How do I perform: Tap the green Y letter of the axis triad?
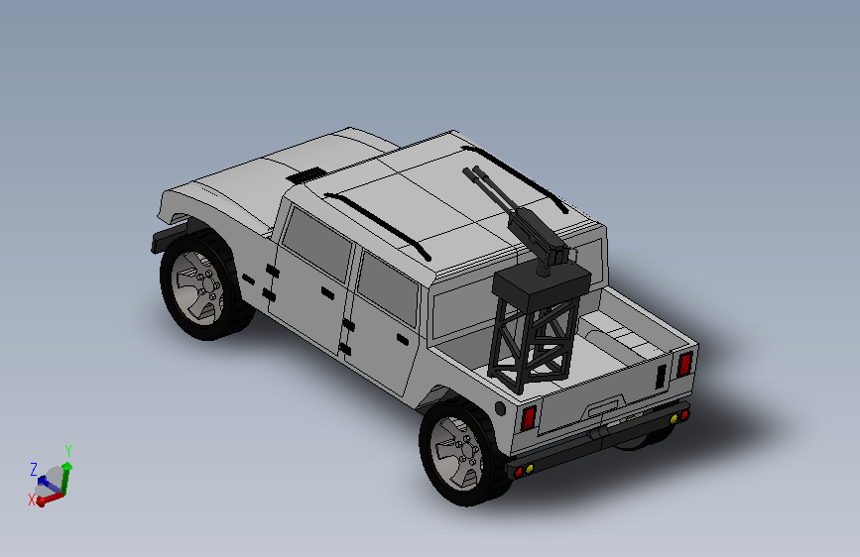(67, 450)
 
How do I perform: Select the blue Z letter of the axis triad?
(34, 469)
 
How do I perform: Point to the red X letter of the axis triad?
(32, 500)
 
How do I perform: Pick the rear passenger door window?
(387, 288)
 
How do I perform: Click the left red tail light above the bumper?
(530, 417)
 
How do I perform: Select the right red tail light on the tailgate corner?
(683, 364)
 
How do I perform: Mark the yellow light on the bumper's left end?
(529, 467)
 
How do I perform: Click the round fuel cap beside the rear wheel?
(501, 408)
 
